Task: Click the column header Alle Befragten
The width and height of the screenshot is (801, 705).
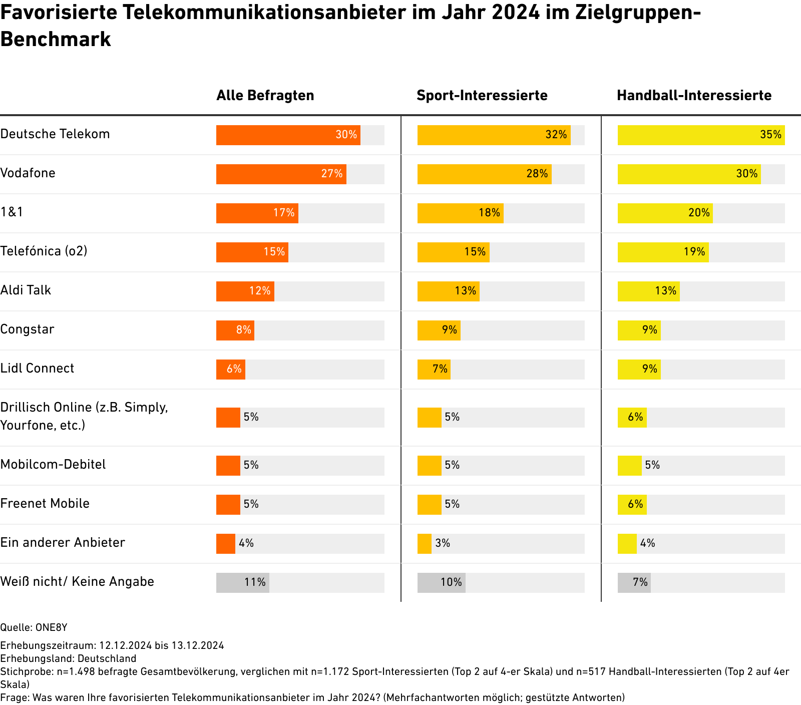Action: (x=265, y=95)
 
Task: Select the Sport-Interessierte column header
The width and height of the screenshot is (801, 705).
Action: (x=482, y=95)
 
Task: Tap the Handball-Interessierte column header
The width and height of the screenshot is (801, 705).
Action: (x=694, y=95)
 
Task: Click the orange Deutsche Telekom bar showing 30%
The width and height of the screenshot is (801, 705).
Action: (x=288, y=135)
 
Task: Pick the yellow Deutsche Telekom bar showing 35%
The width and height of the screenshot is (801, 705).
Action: (x=701, y=135)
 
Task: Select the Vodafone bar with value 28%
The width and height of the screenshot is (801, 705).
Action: (x=484, y=174)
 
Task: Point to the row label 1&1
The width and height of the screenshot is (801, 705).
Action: (x=12, y=212)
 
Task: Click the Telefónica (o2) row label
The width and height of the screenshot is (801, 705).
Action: (x=44, y=251)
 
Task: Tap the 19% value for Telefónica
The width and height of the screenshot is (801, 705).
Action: (x=694, y=252)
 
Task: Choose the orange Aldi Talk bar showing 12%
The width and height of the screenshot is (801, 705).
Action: (x=245, y=291)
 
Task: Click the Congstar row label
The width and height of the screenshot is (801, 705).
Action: (x=27, y=329)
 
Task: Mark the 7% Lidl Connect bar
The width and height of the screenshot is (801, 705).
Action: (x=434, y=370)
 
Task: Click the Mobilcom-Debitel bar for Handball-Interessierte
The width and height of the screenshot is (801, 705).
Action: (x=629, y=466)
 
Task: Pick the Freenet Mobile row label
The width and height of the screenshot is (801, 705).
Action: (x=45, y=503)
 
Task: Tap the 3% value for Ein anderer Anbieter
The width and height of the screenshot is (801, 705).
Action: (x=443, y=543)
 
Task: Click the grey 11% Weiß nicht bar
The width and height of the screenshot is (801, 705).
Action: (x=242, y=583)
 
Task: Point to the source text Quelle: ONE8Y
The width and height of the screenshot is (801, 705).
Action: (x=34, y=627)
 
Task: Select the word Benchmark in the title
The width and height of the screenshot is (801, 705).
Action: (x=56, y=39)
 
